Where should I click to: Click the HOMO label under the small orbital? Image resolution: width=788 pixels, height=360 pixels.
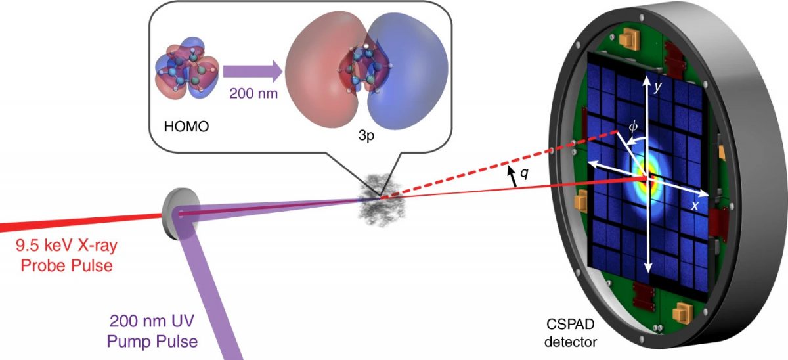coord(188,126)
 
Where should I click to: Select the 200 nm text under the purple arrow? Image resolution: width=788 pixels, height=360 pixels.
coord(253,93)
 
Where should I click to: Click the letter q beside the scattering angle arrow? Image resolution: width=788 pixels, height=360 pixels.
coord(524,174)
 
